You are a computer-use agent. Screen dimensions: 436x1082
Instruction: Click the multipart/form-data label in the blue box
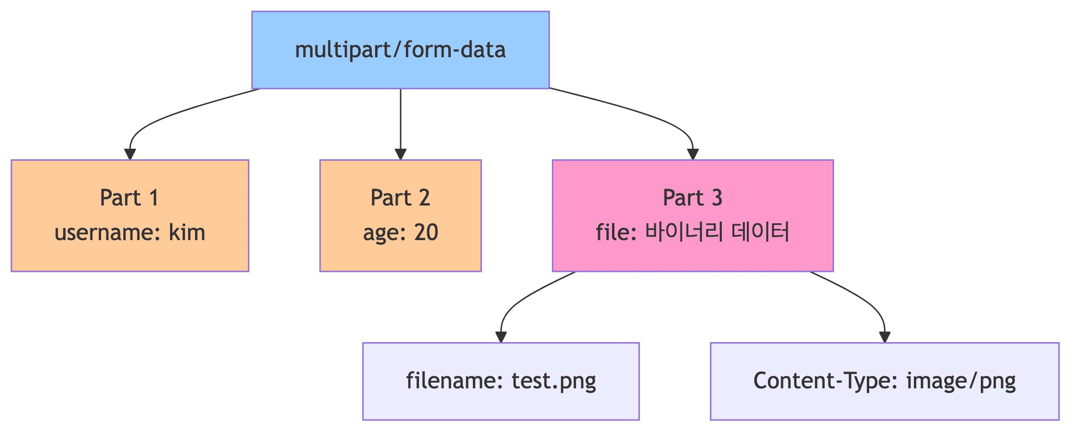400,50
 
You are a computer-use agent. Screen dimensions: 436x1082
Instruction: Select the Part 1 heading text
129,198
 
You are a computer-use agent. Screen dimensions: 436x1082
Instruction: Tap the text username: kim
130,233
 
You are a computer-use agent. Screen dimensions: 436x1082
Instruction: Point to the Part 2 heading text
400,198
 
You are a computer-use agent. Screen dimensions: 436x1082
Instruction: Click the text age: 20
400,233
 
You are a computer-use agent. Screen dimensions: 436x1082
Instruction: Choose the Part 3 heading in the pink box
692,198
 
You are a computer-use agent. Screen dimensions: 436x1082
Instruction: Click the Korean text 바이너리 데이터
717,232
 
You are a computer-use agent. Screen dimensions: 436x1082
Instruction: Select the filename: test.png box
501,381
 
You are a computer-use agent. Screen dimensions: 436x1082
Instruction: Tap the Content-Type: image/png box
885,381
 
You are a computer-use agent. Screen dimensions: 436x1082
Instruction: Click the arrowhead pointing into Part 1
130,154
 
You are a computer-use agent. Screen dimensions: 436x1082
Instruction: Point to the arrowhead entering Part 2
400,154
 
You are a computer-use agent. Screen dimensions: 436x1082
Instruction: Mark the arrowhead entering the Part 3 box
692,154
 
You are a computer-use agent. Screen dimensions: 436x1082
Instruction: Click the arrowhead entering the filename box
501,336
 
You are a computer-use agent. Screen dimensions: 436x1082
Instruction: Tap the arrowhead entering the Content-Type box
885,336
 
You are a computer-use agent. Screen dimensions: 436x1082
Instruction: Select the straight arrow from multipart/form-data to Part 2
400,120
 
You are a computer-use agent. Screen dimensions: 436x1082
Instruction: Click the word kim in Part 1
187,233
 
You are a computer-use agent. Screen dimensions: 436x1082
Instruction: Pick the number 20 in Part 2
426,233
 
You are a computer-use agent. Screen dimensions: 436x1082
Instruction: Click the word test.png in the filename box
554,381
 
